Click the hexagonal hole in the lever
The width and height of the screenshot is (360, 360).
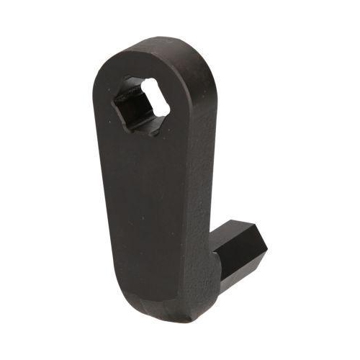[x=142, y=103]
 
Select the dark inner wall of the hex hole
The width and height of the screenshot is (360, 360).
[x=133, y=108]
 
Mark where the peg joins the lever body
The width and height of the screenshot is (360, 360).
[x=220, y=248]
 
